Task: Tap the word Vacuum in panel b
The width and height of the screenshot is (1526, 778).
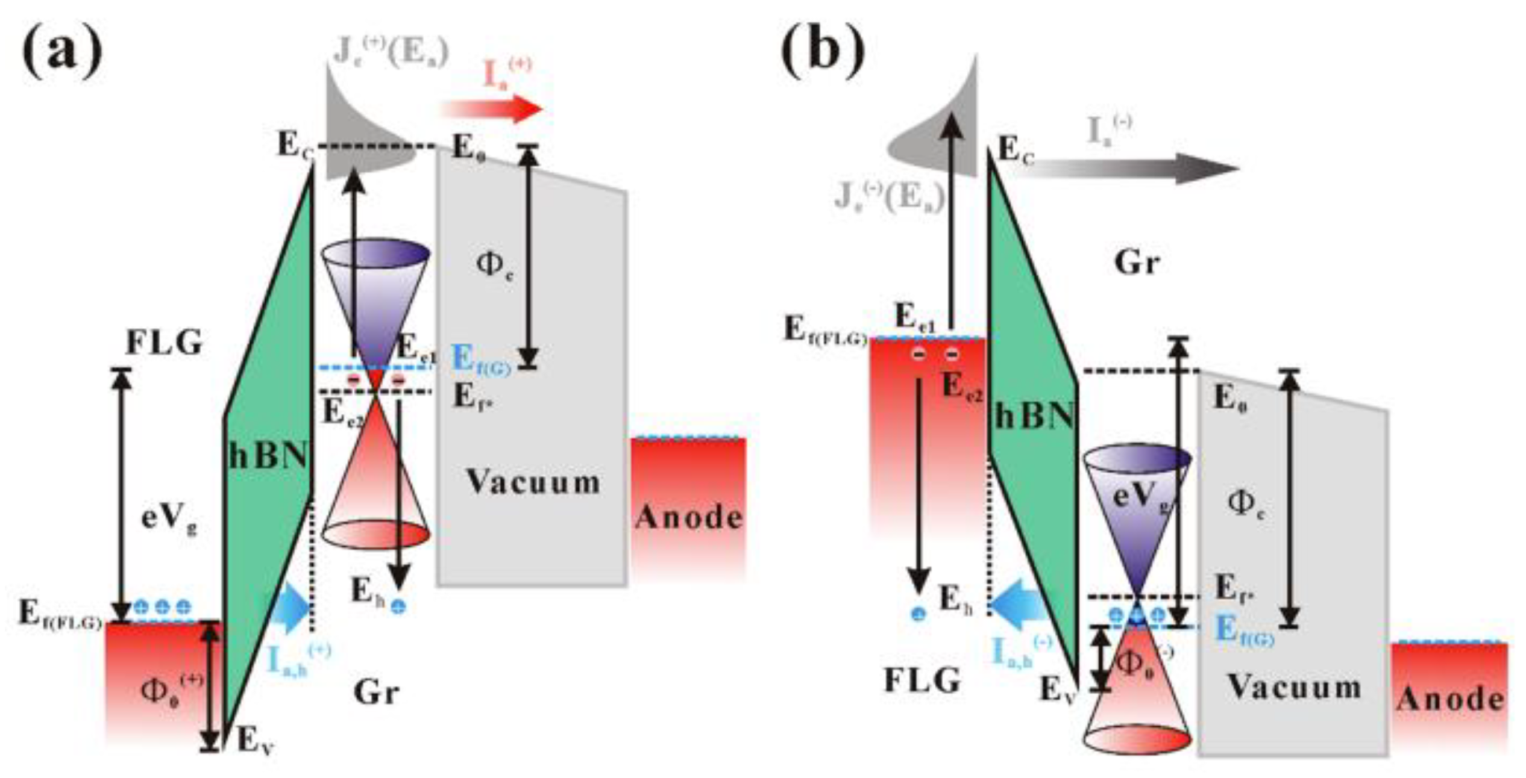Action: coord(1295,687)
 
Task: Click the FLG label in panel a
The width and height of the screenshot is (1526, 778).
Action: coord(165,343)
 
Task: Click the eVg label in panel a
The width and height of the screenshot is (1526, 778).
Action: coord(169,519)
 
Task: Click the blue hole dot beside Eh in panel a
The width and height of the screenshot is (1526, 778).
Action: coord(398,606)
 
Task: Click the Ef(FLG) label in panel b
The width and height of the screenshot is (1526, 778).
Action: coord(824,331)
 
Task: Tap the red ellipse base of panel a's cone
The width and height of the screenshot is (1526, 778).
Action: coord(377,534)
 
